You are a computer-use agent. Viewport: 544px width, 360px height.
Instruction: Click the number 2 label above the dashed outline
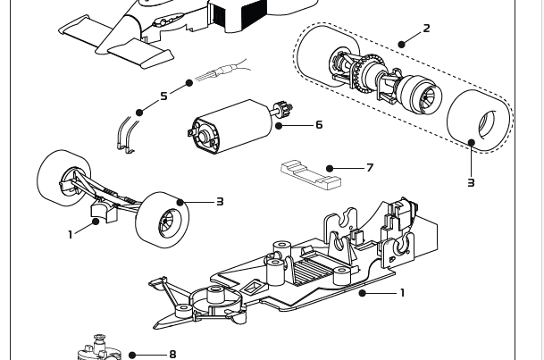[x=426, y=29]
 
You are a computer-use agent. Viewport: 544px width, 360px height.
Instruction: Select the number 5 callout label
[x=163, y=96]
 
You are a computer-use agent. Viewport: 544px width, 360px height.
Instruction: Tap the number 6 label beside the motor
[x=319, y=125]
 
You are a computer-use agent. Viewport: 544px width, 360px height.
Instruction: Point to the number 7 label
[x=369, y=168]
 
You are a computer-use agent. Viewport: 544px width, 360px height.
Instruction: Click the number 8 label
[x=172, y=355]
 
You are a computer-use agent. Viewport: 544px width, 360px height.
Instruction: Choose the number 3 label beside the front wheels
[x=219, y=202]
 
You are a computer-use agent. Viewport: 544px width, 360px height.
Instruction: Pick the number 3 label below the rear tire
[x=471, y=183]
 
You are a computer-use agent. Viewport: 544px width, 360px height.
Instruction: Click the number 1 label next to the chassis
[x=402, y=293]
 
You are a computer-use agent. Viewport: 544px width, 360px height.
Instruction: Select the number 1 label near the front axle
[x=71, y=235]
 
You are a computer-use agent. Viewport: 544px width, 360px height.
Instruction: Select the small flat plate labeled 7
[x=310, y=174]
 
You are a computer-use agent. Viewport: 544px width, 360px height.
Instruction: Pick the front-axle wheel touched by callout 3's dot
[x=163, y=219]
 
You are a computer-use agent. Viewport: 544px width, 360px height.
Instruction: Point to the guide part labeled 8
[x=101, y=348]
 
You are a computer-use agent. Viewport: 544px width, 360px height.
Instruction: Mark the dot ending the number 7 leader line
[x=331, y=168]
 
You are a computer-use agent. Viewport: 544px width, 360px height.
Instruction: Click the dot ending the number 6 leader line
[x=280, y=125]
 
